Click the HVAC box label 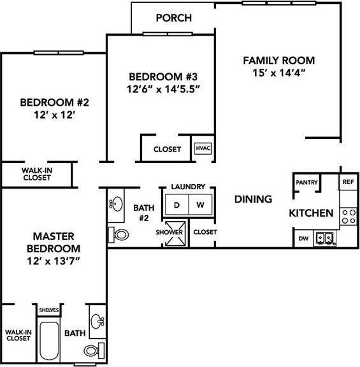(203, 149)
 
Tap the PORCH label (173, 18)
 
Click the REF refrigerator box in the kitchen (348, 182)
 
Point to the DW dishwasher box (304, 239)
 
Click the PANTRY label (305, 182)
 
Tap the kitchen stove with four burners (348, 216)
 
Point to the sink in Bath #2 (117, 205)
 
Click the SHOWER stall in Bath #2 (171, 233)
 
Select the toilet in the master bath (94, 350)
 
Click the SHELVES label (49, 310)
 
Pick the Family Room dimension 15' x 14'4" (279, 73)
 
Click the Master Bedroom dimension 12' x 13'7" (52, 261)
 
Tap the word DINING (253, 199)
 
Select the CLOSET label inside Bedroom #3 (167, 150)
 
